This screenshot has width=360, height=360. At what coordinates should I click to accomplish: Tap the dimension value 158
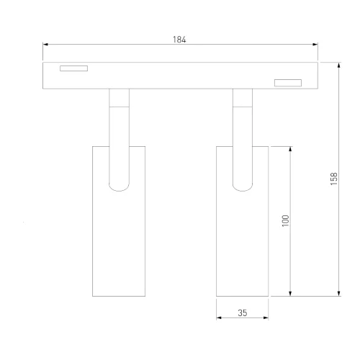pyautogui.click(x=333, y=179)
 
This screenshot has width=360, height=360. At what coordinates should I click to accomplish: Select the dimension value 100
pyautogui.click(x=284, y=220)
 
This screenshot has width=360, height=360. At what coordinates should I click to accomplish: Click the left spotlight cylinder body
pyautogui.click(x=120, y=238)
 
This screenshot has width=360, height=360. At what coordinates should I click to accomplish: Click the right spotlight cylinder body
pyautogui.click(x=243, y=238)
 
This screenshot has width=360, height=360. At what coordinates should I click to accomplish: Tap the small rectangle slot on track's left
pyautogui.click(x=73, y=70)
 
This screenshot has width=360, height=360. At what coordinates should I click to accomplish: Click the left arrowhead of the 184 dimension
pyautogui.click(x=46, y=46)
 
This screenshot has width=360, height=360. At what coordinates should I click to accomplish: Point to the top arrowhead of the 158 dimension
pyautogui.click(x=338, y=65)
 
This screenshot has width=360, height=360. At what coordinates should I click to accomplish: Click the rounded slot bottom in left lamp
pyautogui.click(x=120, y=188)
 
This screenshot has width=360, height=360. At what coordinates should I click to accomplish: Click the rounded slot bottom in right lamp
pyautogui.click(x=243, y=188)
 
